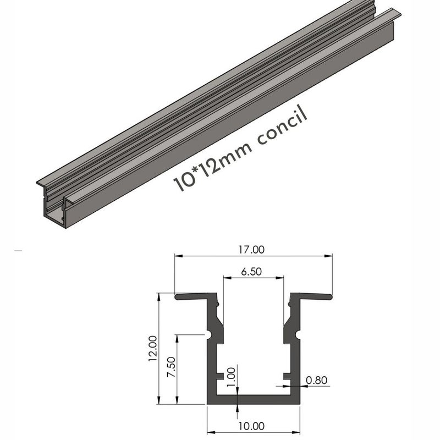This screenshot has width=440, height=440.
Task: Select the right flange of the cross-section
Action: click(x=311, y=296)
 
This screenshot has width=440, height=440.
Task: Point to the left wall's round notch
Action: click(x=210, y=334)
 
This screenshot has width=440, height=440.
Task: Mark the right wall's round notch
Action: click(x=298, y=334)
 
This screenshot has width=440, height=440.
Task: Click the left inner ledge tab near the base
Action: click(x=221, y=377)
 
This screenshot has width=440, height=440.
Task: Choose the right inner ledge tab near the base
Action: click(x=287, y=377)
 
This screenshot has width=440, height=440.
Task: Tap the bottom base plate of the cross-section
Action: click(x=254, y=400)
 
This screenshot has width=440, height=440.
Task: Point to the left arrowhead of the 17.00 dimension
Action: click(x=178, y=255)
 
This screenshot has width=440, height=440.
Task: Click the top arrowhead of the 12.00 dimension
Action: click(x=159, y=296)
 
